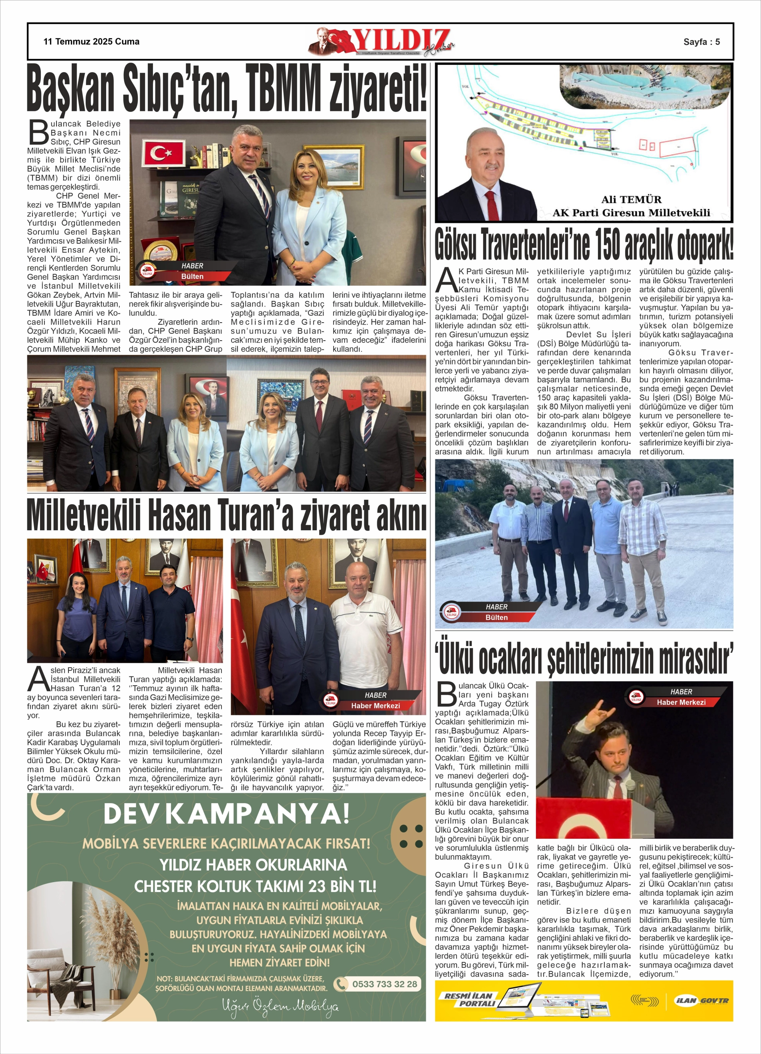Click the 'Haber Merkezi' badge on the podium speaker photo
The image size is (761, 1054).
coord(680,702)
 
